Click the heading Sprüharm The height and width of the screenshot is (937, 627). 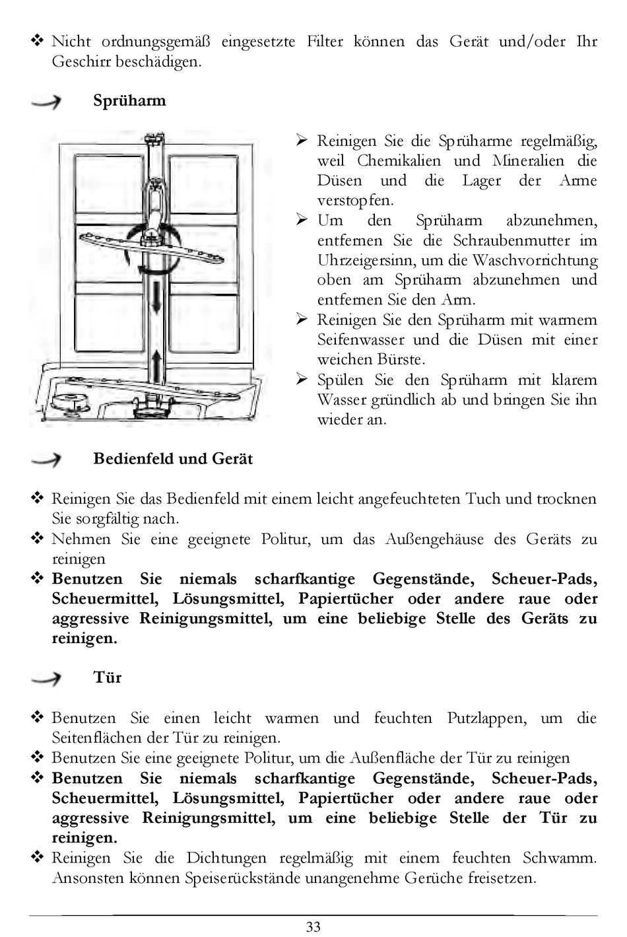tap(129, 101)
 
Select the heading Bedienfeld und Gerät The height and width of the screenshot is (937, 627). tap(173, 459)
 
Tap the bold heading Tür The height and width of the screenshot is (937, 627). tap(108, 677)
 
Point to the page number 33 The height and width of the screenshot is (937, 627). tap(313, 926)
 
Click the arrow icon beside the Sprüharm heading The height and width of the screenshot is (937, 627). tap(46, 102)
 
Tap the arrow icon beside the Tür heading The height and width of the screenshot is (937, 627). tap(46, 678)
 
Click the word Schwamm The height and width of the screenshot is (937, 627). tap(559, 858)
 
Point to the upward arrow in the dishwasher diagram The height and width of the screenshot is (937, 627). tap(156, 363)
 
